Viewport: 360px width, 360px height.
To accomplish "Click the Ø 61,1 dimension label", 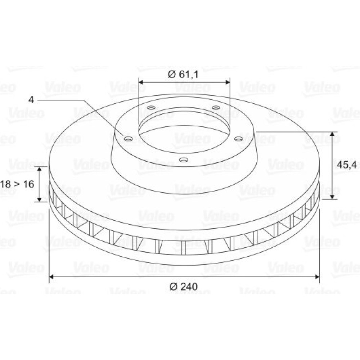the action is click(183, 75).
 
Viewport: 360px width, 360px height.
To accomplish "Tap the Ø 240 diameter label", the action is click(184, 286).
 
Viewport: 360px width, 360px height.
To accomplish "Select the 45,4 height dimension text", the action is click(347, 165).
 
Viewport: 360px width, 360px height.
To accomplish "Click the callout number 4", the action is click(31, 100).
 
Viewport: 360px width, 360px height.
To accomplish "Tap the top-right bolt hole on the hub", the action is click(216, 107).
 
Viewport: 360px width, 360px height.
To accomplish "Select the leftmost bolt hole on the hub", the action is click(129, 139).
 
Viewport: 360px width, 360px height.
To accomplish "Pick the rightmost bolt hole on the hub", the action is click(239, 139).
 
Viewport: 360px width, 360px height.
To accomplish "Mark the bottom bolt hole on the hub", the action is click(184, 159).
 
